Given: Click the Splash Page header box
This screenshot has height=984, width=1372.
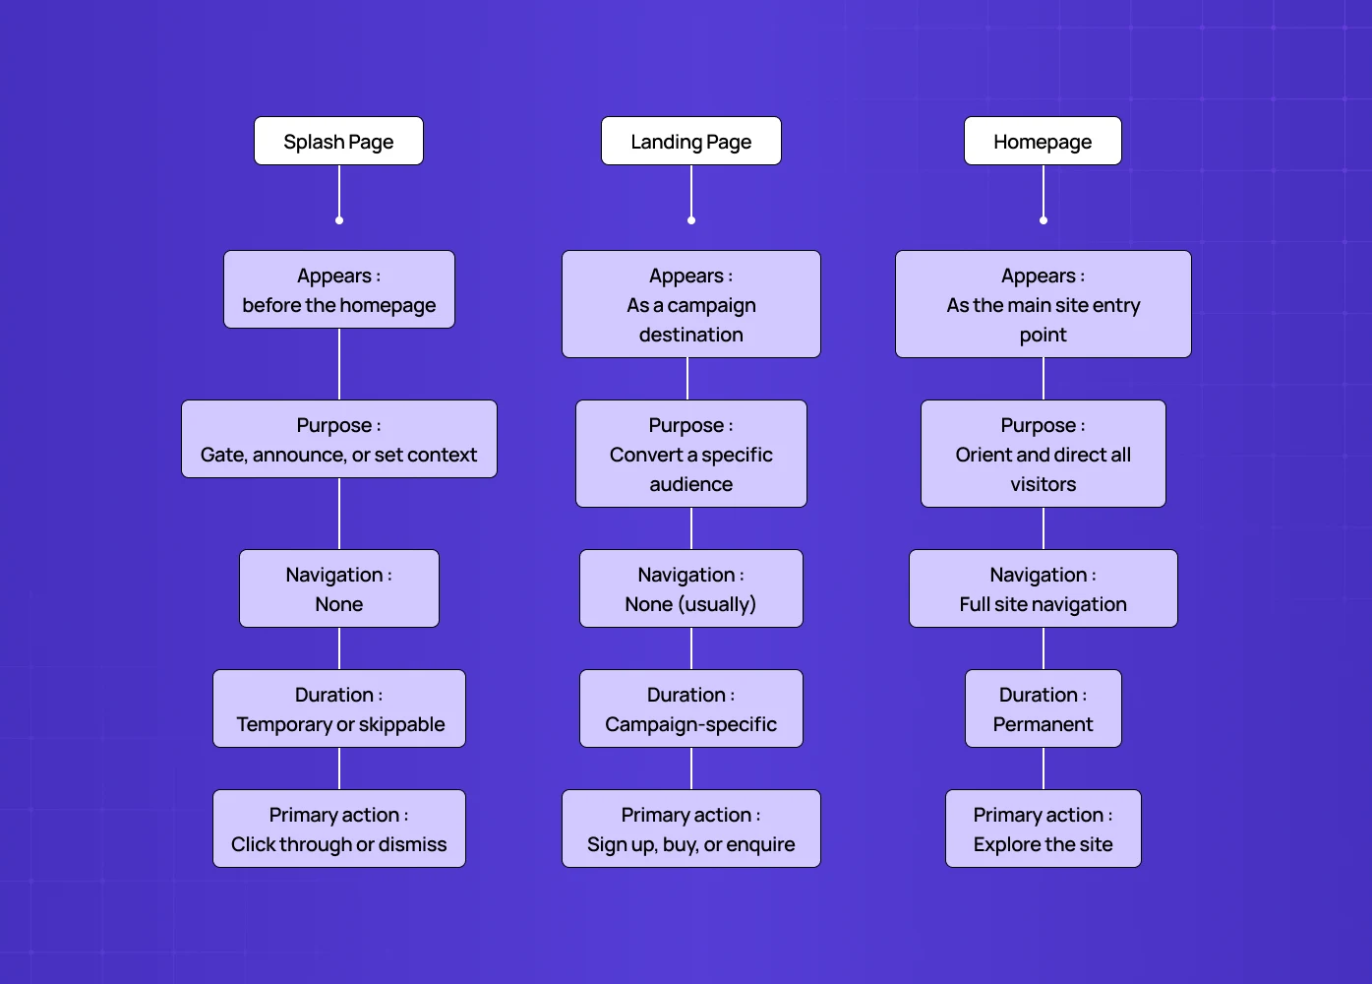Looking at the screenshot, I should coord(338,142).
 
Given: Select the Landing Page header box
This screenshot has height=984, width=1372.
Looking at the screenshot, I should coord(690,142).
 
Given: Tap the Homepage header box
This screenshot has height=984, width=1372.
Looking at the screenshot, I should coord(1043,142).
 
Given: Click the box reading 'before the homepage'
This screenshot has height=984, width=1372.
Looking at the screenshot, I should coord(338,290).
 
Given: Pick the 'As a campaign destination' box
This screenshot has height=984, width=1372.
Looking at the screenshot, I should coord(690,305).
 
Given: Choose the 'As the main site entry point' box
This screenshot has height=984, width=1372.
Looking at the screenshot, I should coord(1043,305).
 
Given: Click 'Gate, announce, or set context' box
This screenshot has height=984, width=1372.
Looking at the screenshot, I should coord(338,440).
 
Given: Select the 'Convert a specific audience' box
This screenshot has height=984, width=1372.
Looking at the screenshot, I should coord(690,455).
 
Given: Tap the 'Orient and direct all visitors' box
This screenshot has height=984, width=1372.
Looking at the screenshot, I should coord(1043,455).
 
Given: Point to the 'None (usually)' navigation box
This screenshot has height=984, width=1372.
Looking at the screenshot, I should coord(690,589).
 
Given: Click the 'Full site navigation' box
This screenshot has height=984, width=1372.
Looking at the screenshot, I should coord(1043,589).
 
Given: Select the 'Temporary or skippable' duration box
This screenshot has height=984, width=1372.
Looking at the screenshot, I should coord(338,709).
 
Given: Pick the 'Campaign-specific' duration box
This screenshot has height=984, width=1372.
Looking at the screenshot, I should coord(690,709).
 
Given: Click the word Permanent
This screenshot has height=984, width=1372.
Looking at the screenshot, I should coord(1043,725).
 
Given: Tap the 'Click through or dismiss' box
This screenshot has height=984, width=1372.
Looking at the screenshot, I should coord(338,830).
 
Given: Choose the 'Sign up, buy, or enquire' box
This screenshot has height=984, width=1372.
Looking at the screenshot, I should coord(690,830).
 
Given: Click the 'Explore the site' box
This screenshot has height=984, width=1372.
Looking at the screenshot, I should coord(1043,830).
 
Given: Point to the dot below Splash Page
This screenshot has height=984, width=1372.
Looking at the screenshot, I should coord(339,220).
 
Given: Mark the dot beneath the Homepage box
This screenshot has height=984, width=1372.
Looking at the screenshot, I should coord(1044,220).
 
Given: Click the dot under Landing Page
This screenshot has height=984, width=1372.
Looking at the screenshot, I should coord(691,220).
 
